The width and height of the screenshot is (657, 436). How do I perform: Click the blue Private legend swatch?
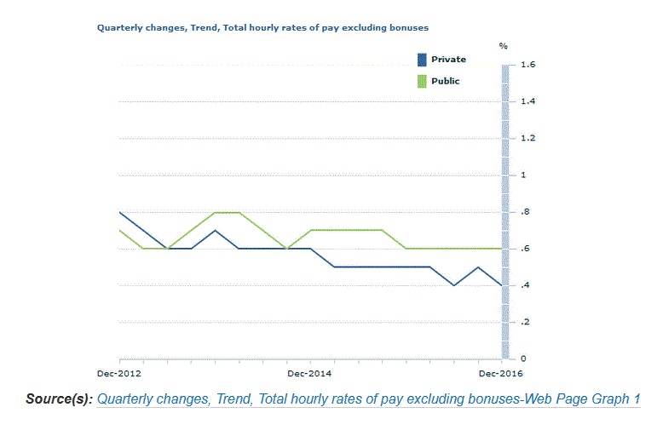click(x=421, y=60)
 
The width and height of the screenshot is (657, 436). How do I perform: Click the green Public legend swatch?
click(x=421, y=81)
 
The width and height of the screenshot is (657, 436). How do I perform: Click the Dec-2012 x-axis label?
click(x=118, y=373)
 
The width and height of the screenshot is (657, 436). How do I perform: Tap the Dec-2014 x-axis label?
click(x=309, y=373)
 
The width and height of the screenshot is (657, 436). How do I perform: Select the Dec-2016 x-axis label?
click(x=499, y=373)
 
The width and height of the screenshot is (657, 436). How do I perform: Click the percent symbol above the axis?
click(x=503, y=44)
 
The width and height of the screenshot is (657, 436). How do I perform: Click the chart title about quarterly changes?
click(x=262, y=27)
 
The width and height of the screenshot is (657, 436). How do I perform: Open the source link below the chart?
click(x=368, y=399)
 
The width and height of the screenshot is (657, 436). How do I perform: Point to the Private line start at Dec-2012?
click(x=120, y=212)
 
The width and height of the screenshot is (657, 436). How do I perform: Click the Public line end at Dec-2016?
click(x=500, y=249)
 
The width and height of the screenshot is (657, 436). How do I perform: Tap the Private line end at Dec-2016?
click(x=500, y=285)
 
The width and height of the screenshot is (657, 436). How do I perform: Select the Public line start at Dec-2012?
click(x=120, y=230)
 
